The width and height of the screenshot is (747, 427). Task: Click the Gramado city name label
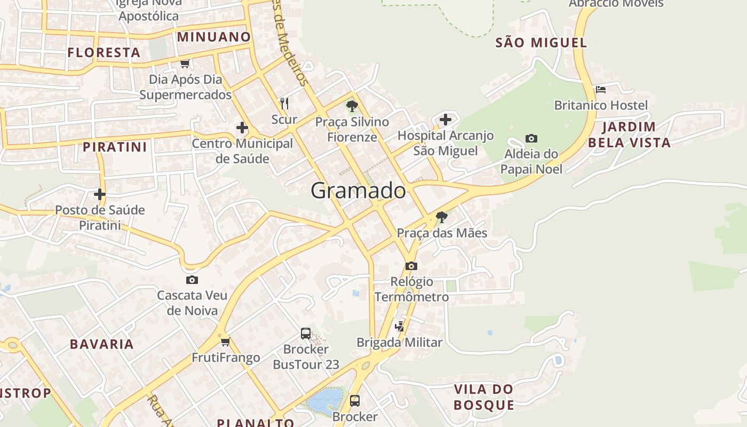(x=358, y=191)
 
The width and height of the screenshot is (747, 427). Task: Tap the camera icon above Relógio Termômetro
(x=411, y=266)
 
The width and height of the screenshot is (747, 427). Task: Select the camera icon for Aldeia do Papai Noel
(x=531, y=139)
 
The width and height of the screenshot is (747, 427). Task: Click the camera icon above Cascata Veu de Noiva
(x=192, y=280)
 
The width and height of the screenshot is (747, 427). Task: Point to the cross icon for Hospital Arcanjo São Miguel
(x=446, y=120)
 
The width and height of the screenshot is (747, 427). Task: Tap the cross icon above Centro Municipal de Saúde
(x=242, y=128)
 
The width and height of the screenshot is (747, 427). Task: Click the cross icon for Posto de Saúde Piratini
(x=100, y=194)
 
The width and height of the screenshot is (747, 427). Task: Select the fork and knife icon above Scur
(x=284, y=103)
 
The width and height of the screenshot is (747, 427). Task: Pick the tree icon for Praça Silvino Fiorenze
(x=352, y=106)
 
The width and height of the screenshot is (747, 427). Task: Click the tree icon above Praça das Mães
(x=441, y=217)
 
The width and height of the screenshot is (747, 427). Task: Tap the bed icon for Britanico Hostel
(x=601, y=89)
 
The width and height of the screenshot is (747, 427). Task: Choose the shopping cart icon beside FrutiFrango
(x=225, y=342)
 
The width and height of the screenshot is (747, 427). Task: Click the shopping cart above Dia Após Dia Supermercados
(x=185, y=64)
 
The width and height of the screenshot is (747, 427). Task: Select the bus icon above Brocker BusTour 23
(x=306, y=334)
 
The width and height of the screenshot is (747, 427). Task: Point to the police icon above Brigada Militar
(x=399, y=326)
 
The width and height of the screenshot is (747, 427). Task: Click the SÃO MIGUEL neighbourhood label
(x=541, y=43)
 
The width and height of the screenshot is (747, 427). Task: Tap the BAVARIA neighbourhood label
(x=102, y=344)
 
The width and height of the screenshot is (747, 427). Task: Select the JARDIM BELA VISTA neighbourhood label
(x=629, y=135)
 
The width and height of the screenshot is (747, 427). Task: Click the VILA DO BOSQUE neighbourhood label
(x=484, y=397)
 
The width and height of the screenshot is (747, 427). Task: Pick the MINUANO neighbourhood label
(x=213, y=37)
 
